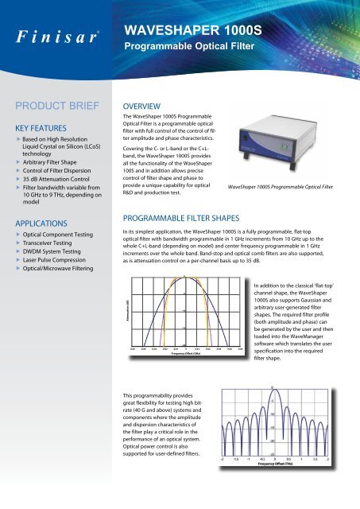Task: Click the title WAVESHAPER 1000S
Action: (x=190, y=31)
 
